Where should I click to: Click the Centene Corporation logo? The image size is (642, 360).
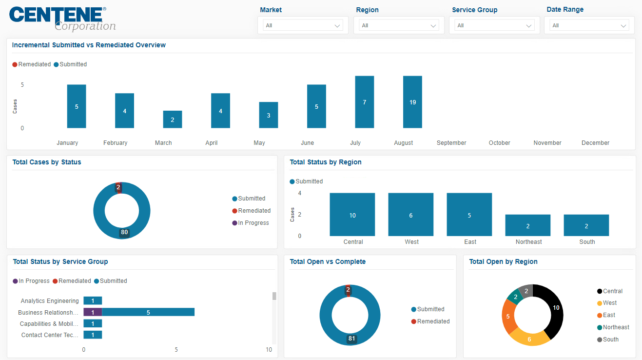(62, 19)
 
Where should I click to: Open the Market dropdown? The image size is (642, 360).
(303, 25)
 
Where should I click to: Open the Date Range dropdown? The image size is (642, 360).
(589, 25)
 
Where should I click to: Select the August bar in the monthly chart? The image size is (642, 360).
(412, 102)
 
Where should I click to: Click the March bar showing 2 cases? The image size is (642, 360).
(173, 120)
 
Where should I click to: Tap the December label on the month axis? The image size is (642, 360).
(595, 143)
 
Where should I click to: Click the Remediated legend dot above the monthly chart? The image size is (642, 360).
(15, 64)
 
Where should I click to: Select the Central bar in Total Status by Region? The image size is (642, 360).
(352, 215)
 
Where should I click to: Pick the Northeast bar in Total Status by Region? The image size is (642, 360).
(527, 225)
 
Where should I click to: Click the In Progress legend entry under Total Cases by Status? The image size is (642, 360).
(251, 223)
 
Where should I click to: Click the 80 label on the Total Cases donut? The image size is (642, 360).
(124, 232)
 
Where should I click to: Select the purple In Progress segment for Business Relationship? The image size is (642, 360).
(93, 312)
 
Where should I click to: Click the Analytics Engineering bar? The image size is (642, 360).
(93, 300)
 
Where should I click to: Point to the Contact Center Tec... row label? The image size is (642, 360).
(50, 335)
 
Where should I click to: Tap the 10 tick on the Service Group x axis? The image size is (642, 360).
(269, 350)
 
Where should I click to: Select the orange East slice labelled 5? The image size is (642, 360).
(508, 316)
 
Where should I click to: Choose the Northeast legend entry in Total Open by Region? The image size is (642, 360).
(613, 327)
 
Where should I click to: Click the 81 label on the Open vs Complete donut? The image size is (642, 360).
(351, 339)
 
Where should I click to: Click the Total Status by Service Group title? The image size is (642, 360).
(60, 261)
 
